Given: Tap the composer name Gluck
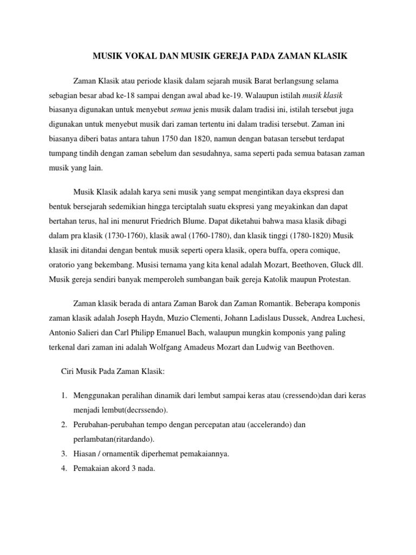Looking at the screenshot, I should (331, 266).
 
